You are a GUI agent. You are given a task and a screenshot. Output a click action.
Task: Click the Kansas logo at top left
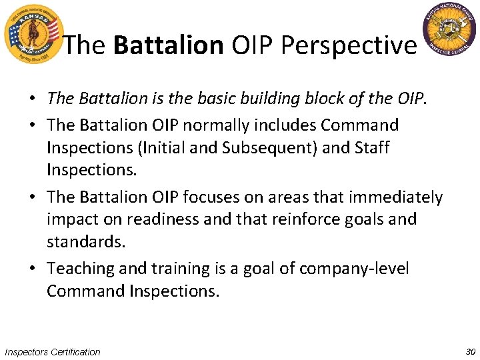point(32,33)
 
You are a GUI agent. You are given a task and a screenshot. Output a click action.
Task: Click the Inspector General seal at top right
point(452,30)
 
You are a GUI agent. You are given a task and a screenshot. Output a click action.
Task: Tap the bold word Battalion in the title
point(169,45)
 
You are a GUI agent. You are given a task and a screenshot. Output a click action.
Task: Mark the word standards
point(85,241)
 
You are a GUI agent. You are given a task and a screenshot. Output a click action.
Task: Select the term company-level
point(354,269)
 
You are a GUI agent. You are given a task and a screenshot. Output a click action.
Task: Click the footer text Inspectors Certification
point(53,351)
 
